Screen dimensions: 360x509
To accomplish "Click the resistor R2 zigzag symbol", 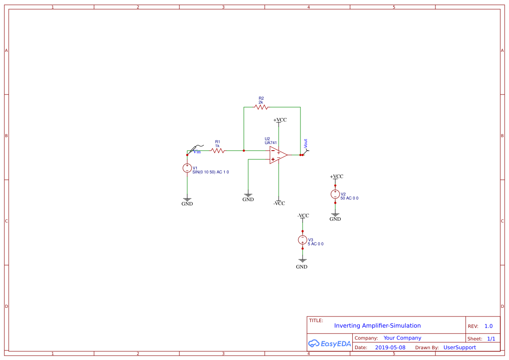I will pos(261,107).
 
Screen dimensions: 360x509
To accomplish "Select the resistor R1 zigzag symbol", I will pos(218,151).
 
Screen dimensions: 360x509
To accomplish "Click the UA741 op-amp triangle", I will pos(278,155).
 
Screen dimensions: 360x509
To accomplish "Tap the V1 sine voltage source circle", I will pos(187,168).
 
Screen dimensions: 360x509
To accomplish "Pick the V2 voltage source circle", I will pos(335,194).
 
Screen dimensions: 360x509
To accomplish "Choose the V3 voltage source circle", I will pos(303,240).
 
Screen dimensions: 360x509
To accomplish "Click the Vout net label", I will pos(306,144).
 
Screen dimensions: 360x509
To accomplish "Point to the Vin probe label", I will pos(197,151).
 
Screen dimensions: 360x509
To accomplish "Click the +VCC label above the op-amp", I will pos(280,120).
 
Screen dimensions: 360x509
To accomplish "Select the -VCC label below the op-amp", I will pos(279,203).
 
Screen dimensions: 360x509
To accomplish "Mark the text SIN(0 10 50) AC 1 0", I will pos(211,172).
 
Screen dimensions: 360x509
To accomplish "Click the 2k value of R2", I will pos(261,102).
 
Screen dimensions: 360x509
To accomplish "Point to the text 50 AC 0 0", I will pos(350,198).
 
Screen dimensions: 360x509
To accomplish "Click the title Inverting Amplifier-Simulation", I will pos(377,326).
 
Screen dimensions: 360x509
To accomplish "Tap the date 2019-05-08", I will pos(390,347).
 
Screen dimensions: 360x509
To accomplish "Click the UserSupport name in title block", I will pos(459,347).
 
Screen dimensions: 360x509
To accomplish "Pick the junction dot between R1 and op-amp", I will pos(244,151).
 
